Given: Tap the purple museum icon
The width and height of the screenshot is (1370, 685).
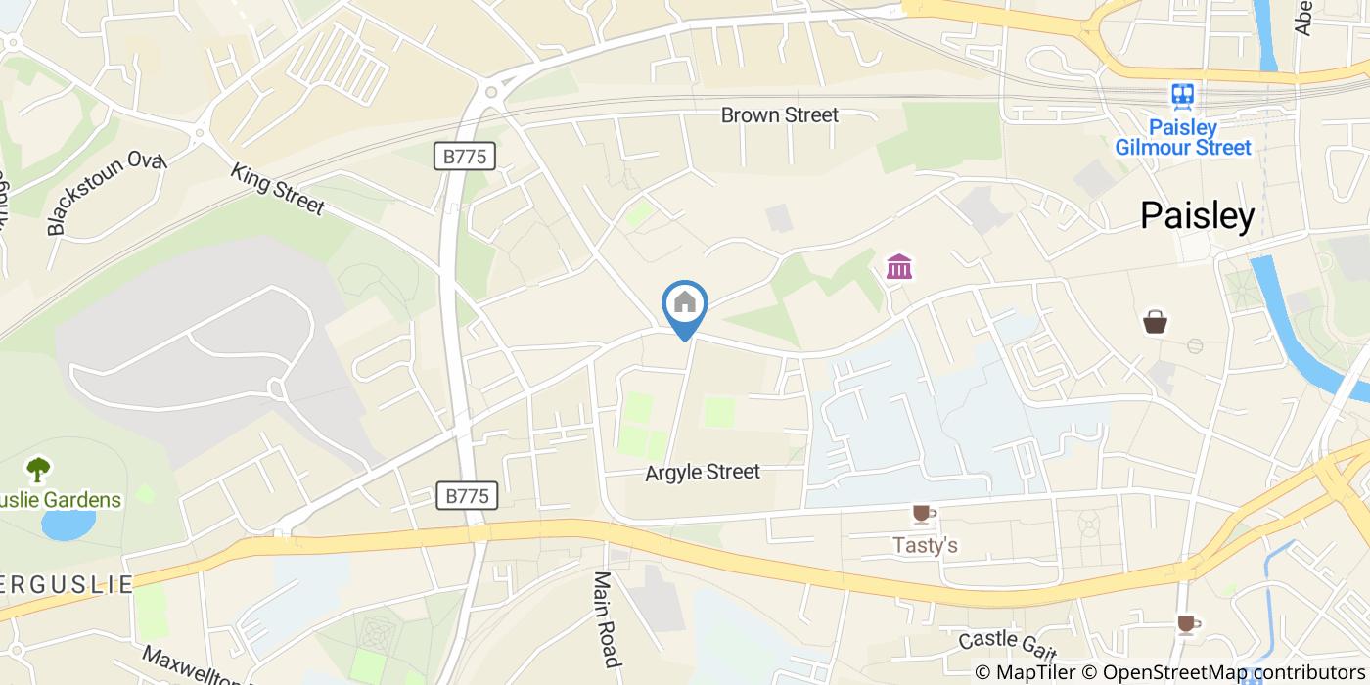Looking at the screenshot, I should click(898, 266).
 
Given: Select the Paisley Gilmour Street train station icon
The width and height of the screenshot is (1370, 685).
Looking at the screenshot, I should click(1183, 96).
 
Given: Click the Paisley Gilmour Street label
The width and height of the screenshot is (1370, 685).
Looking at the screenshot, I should click(1183, 138).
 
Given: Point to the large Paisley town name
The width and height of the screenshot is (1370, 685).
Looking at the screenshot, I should click(1197, 216).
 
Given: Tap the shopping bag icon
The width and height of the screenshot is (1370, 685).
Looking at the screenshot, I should click(1155, 322).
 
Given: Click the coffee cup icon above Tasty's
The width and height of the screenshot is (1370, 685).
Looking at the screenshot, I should click(923, 514).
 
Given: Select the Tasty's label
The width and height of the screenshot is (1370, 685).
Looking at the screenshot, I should click(925, 545).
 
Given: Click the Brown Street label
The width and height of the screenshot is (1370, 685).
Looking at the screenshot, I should click(779, 115).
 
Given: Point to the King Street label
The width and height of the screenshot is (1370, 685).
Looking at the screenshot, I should click(277, 188).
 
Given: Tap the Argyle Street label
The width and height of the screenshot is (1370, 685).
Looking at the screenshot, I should click(703, 472).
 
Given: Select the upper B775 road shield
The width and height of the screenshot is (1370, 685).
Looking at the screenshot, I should click(465, 155).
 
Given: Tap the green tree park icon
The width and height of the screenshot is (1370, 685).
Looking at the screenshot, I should click(39, 471).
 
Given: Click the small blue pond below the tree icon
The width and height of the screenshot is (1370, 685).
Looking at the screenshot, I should click(67, 525).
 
